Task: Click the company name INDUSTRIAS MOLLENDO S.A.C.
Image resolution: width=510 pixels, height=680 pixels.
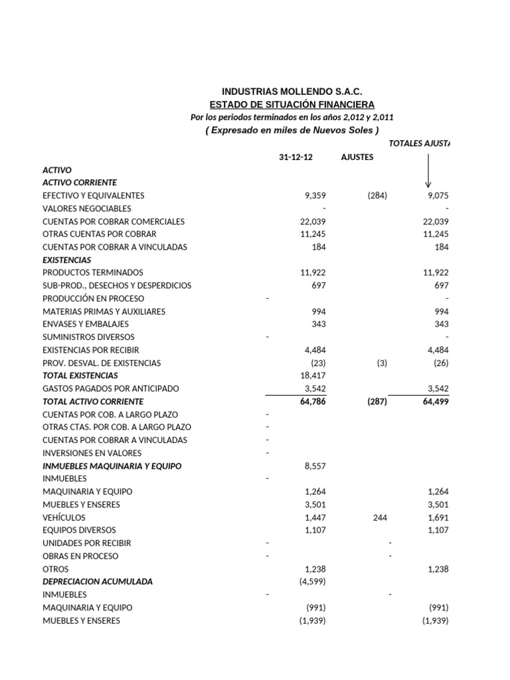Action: [x=292, y=91]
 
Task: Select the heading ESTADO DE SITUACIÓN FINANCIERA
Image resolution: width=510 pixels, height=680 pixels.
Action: [x=292, y=104]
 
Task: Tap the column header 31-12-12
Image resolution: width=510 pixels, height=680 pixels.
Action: [x=296, y=157]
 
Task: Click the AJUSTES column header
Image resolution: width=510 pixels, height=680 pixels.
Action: [x=357, y=157]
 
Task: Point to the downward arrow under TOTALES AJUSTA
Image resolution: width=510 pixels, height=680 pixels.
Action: [x=428, y=171]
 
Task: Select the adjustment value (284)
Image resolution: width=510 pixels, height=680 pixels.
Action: [x=377, y=196]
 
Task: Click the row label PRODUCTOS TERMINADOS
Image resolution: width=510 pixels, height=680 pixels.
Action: [x=93, y=272]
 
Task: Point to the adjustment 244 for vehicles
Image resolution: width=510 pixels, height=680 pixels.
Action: [x=379, y=517]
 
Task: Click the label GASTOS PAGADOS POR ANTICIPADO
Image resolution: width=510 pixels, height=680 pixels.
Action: [x=111, y=388]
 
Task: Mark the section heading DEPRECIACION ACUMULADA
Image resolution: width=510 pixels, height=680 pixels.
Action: [x=98, y=582]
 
